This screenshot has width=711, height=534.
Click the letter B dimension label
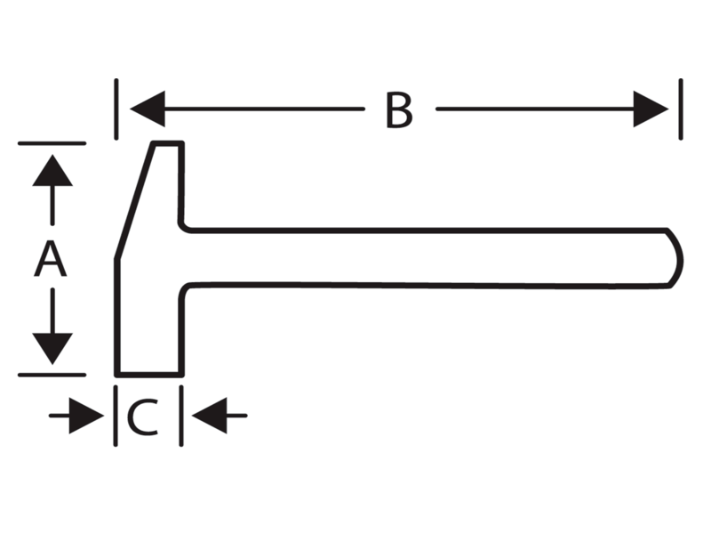coord(399,109)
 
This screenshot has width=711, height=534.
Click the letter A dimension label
coord(51,259)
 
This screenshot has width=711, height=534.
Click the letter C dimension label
coord(143,417)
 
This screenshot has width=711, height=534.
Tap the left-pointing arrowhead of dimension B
coord(148,109)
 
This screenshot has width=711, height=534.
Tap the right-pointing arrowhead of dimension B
coord(651,109)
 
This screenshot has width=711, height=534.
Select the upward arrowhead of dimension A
coord(52,170)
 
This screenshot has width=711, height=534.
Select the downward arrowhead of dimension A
coord(52,349)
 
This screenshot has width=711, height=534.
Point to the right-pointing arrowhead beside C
coord(86,416)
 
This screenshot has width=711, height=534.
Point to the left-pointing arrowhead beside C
coord(209,416)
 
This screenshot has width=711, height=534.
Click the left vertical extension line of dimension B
coord(116,109)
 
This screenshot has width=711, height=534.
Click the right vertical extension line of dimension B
coord(681,109)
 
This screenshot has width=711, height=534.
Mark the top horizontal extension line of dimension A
coord(52,143)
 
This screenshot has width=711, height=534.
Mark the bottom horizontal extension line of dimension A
coord(52,375)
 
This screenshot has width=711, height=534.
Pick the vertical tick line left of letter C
coord(116,416)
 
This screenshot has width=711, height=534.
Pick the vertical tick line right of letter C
coord(181,416)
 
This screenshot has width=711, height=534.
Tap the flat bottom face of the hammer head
coord(149,375)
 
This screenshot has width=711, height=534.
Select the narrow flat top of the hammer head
coord(168,144)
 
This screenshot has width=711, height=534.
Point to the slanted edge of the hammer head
coord(134,202)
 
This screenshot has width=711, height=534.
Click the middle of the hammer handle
coord(427,258)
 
